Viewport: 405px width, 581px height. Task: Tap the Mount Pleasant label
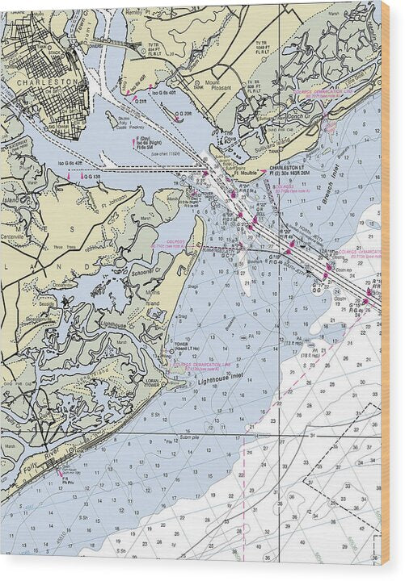(212, 85)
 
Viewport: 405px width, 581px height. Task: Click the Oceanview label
(61, 283)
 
